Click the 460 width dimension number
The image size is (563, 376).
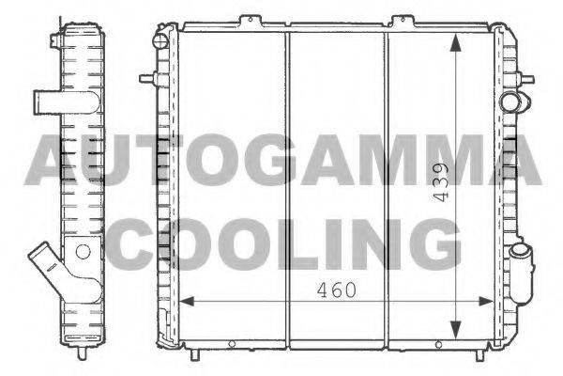pyautogui.click(x=337, y=290)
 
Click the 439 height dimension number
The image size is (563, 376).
pyautogui.click(x=441, y=182)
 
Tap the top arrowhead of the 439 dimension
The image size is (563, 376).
pyautogui.click(x=455, y=43)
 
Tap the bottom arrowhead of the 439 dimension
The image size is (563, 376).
pyautogui.click(x=455, y=329)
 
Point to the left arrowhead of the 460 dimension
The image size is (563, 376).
pyautogui.click(x=187, y=302)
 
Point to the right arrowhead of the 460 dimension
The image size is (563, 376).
pyautogui.click(x=486, y=302)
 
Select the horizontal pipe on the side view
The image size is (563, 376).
pyautogui.click(x=67, y=102)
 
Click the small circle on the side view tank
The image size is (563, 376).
pyautogui.click(x=83, y=252)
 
